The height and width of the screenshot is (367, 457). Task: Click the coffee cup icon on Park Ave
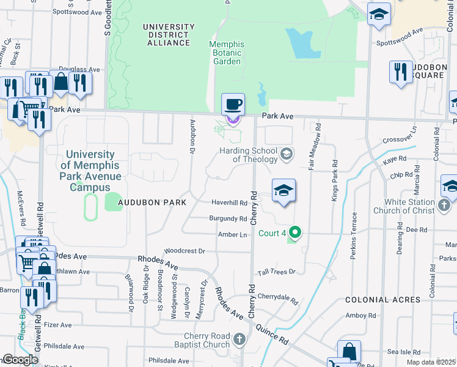pyautogui.click(x=232, y=104)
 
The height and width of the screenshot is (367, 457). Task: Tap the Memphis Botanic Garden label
pyautogui.click(x=227, y=53)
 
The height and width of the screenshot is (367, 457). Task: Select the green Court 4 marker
pyautogui.click(x=296, y=232)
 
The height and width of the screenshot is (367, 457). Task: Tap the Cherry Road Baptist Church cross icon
pyautogui.click(x=239, y=339)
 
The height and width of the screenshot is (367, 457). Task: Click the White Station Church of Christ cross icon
pyautogui.click(x=444, y=207)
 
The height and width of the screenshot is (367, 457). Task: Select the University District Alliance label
pyautogui.click(x=169, y=35)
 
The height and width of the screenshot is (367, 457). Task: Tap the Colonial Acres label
pyautogui.click(x=382, y=300)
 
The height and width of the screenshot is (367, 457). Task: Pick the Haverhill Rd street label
pyautogui.click(x=229, y=202)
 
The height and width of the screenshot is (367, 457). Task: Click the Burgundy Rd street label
pyautogui.click(x=228, y=218)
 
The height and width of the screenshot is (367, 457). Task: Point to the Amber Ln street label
pyautogui.click(x=233, y=235)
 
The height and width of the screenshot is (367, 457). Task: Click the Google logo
pyautogui.click(x=20, y=360)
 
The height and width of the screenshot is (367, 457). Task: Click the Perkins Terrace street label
pyautogui.click(x=354, y=235)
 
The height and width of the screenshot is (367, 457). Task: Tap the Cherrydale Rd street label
pyautogui.click(x=277, y=298)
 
